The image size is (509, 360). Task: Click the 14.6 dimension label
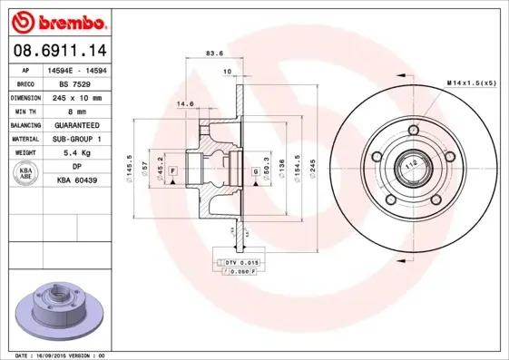point(184,104)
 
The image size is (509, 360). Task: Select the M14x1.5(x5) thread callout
point(471,83)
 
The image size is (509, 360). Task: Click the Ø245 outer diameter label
point(310,169)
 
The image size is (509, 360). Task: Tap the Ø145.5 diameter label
point(132,169)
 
